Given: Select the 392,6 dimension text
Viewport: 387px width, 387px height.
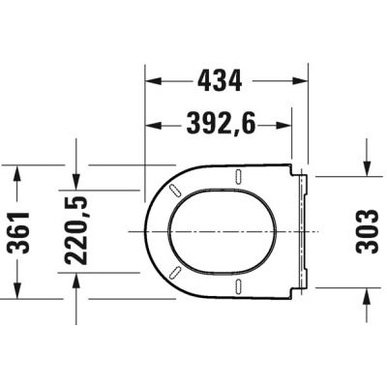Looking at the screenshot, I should pos(219,123).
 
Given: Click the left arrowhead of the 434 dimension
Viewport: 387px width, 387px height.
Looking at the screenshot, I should pos(152,81).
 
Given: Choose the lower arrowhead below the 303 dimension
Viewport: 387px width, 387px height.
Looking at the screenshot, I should pos(367,295).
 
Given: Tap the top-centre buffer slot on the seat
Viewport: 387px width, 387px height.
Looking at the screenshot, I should pos(238,176).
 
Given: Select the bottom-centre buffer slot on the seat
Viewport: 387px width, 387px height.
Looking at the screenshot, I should pos(238,285).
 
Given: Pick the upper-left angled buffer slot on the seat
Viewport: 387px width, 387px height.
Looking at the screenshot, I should pos(174,190).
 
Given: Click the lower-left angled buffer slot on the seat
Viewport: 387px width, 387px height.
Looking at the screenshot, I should pos(174,273).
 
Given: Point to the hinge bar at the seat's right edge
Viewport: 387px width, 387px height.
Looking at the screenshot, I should pos(305,231).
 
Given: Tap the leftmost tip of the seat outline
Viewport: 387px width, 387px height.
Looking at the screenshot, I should pos(143,231).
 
